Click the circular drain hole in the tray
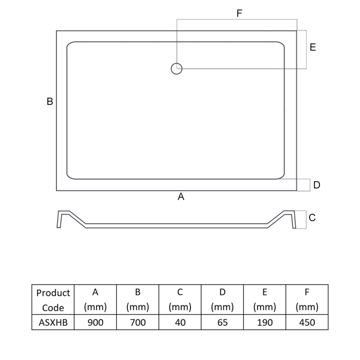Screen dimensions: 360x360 pos(176,69)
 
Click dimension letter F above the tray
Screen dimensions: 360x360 pos(239,13)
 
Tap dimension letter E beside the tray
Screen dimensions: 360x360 pos(313,47)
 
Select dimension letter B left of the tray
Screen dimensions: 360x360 pos(50,102)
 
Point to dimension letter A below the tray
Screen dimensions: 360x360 pos(181,197)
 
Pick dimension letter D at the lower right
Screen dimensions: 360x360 pos(317,185)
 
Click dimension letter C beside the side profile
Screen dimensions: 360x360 pos(312,218)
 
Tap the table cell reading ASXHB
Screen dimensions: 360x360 pos(53,322)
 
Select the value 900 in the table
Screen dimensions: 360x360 pos(95,322)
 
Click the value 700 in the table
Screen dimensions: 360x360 pos(138,322)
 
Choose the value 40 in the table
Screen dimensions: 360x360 pos(180,322)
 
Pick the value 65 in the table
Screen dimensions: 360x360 pos(222,322)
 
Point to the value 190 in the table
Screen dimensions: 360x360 pos(264,322)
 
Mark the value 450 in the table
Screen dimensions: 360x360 pos(306,322)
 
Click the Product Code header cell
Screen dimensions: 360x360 pos(53,300)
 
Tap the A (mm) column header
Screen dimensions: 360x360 pos(95,300)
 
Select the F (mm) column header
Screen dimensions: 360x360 pos(306,300)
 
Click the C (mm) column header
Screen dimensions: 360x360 pos(180,300)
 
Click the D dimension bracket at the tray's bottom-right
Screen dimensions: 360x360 pos(304,185)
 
